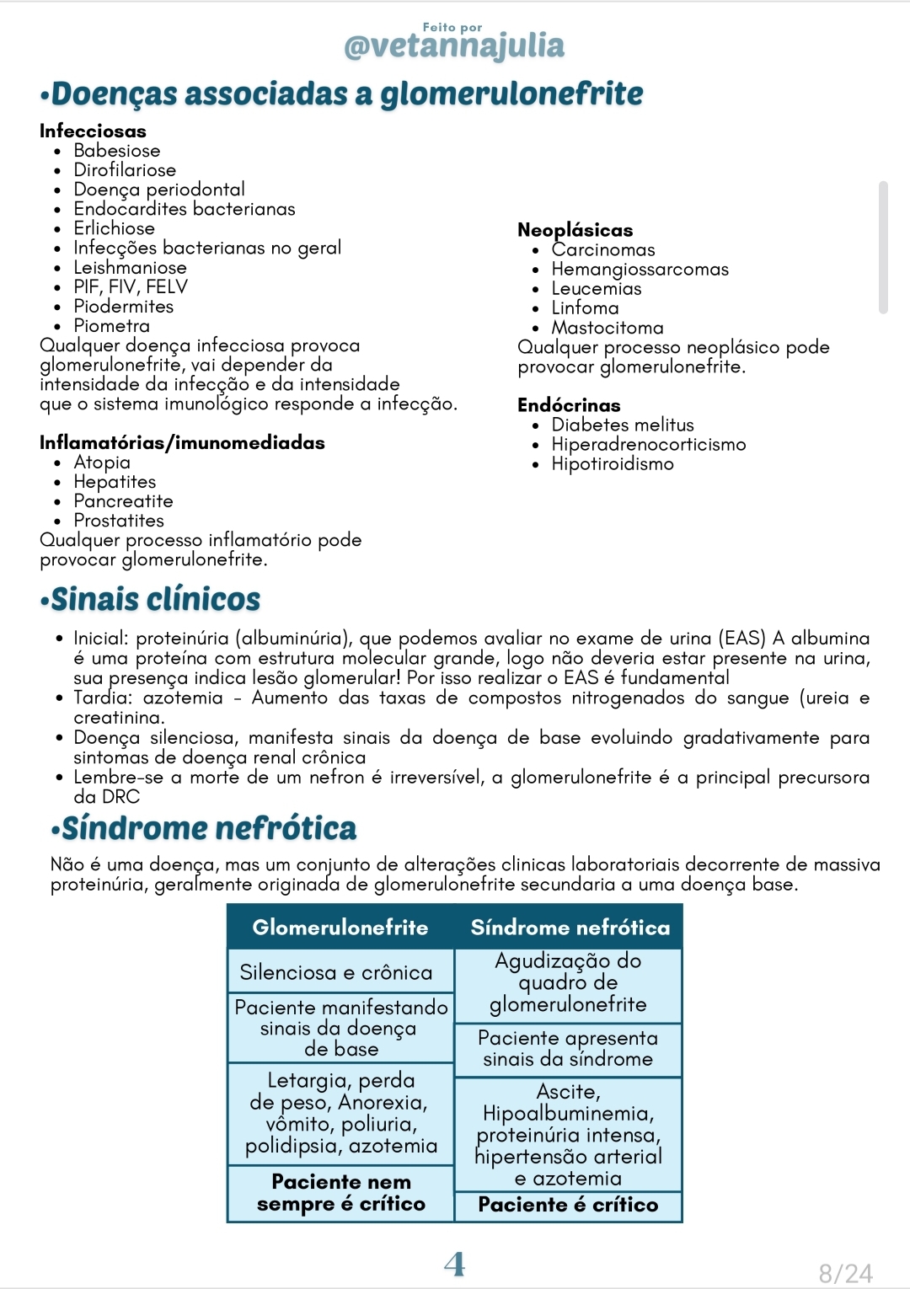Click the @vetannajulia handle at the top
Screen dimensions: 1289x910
click(x=454, y=45)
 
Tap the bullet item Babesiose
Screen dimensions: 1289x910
click(x=116, y=151)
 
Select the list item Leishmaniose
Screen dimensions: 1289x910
click(x=130, y=268)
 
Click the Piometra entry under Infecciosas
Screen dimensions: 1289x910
click(x=111, y=326)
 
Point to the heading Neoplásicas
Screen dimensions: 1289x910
click(x=575, y=230)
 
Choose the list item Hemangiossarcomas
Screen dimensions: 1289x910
click(x=640, y=269)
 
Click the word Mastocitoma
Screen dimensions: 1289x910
click(x=607, y=328)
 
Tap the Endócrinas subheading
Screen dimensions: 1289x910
click(x=569, y=405)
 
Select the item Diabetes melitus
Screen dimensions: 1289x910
click(x=622, y=425)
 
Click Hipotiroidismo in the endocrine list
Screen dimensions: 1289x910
click(x=612, y=464)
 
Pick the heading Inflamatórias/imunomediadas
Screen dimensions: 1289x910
click(x=182, y=442)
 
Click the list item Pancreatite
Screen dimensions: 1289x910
click(x=123, y=501)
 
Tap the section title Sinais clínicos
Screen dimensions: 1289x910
click(x=156, y=600)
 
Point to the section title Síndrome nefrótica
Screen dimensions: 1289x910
click(x=209, y=829)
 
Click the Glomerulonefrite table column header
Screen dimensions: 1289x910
click(x=340, y=928)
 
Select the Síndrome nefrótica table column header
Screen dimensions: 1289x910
click(x=570, y=928)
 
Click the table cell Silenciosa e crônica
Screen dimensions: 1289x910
click(x=335, y=973)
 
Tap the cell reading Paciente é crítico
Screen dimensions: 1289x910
click(x=568, y=1205)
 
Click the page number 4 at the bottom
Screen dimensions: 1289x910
click(x=454, y=1264)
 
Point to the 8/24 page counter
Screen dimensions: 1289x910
click(x=845, y=1273)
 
